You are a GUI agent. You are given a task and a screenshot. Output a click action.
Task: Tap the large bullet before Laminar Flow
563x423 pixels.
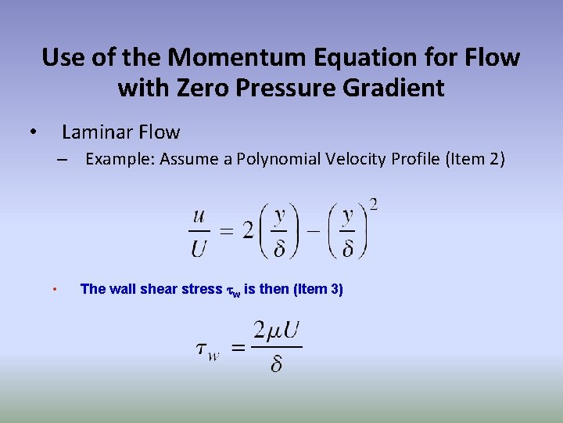(32, 132)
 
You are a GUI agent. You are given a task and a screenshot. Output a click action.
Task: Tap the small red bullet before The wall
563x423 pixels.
(54, 290)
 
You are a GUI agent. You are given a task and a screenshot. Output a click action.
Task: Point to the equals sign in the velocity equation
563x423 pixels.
(226, 231)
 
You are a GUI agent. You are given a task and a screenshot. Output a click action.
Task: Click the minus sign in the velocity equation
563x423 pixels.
(312, 232)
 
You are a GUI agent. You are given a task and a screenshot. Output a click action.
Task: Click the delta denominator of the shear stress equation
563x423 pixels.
(277, 364)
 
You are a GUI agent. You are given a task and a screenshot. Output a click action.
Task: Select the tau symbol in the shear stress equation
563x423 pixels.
(204, 349)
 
